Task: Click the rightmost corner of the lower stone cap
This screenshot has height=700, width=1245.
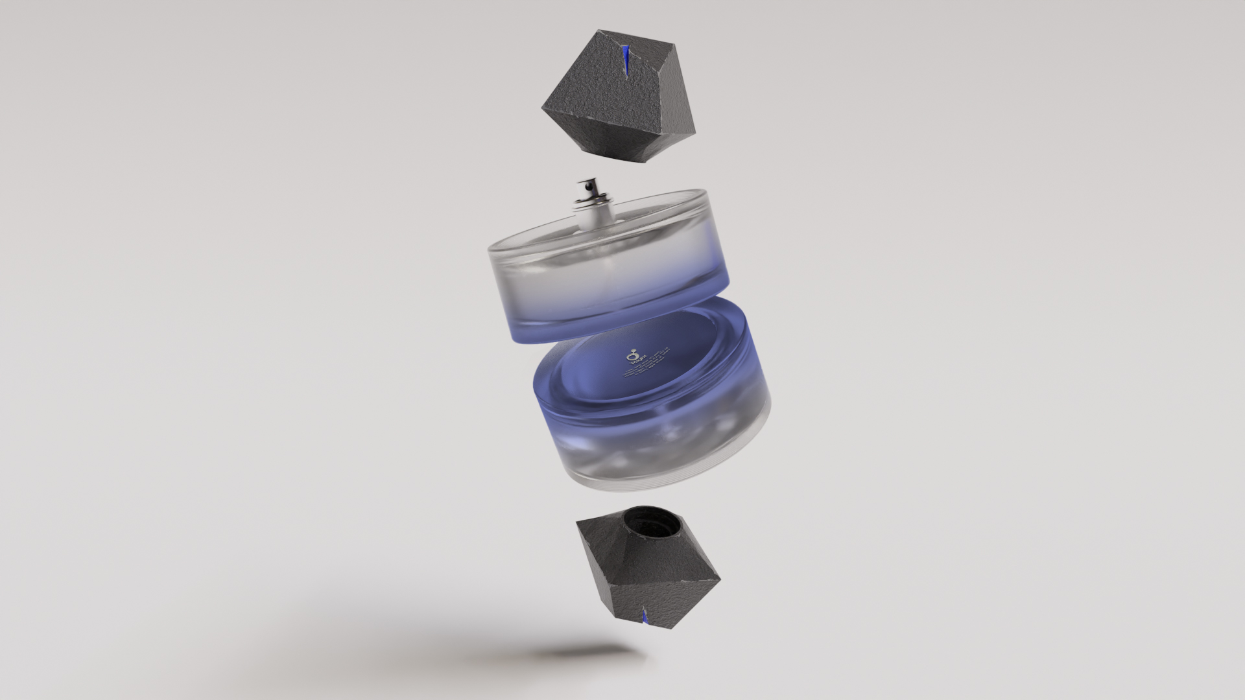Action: click(x=720, y=574)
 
